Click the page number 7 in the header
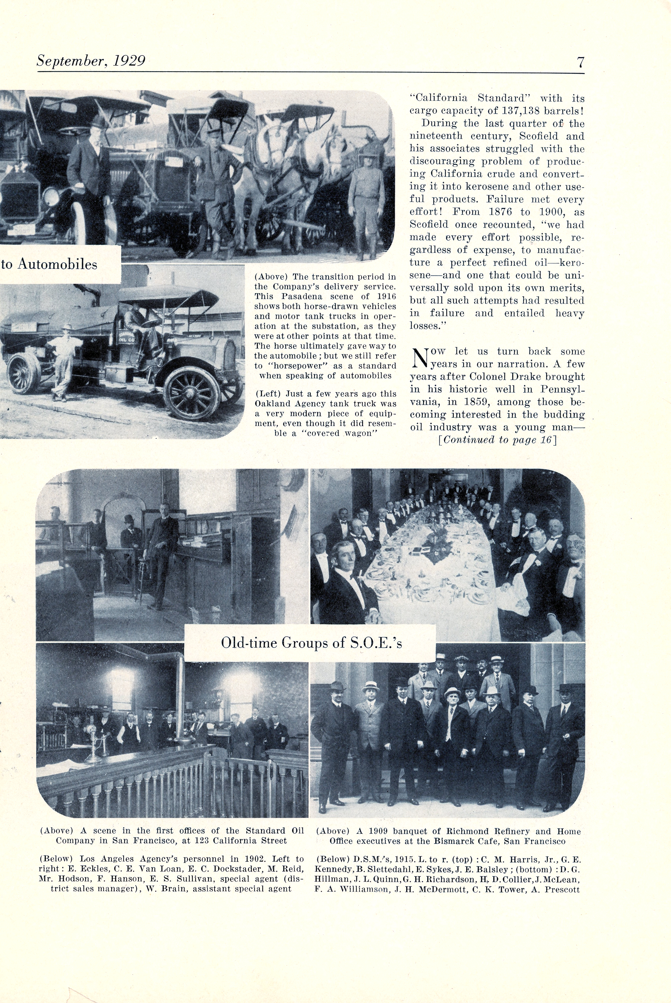click(x=580, y=62)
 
